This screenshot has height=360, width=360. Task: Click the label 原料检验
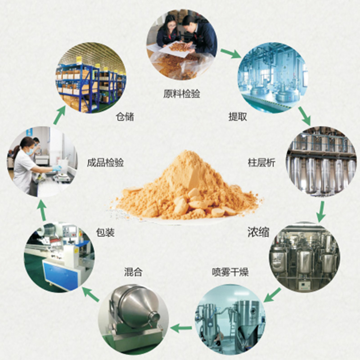[181, 94]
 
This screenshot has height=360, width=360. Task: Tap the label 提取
[238, 117]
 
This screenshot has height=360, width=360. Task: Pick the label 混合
[133, 272]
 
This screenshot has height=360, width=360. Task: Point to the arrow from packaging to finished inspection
[41, 211]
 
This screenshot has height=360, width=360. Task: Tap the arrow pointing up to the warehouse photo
[58, 117]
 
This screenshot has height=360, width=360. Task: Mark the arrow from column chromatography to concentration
[320, 211]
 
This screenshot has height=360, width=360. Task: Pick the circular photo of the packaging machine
[58, 256]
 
